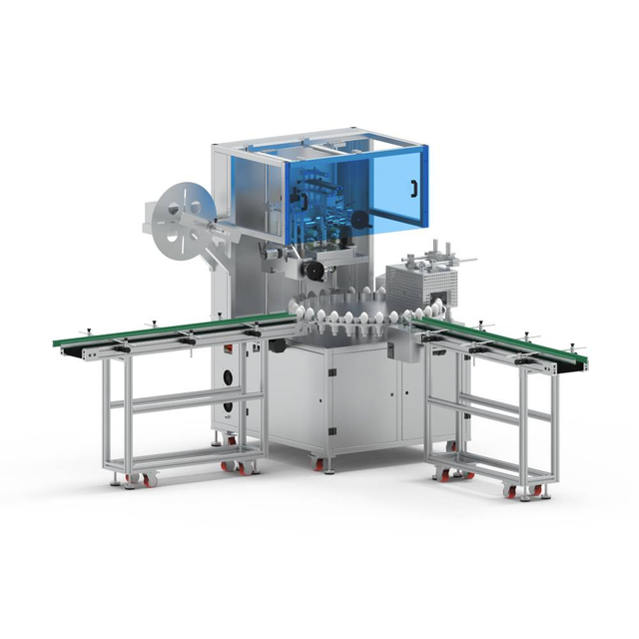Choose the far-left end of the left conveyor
pyautogui.click(x=58, y=343)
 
